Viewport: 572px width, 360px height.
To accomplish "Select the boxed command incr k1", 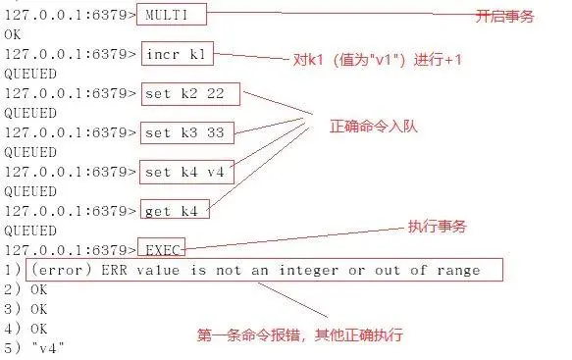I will click(x=178, y=54).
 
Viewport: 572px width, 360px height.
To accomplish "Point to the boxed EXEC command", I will click(x=163, y=249).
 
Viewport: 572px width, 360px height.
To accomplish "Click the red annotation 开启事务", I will click(x=504, y=17).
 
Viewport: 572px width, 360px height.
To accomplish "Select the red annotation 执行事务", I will click(x=436, y=228).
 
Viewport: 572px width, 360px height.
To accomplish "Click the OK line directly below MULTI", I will click(x=13, y=34).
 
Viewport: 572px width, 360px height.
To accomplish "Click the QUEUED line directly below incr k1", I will click(x=28, y=74).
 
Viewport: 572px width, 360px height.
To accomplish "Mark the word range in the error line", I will click(x=459, y=269).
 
